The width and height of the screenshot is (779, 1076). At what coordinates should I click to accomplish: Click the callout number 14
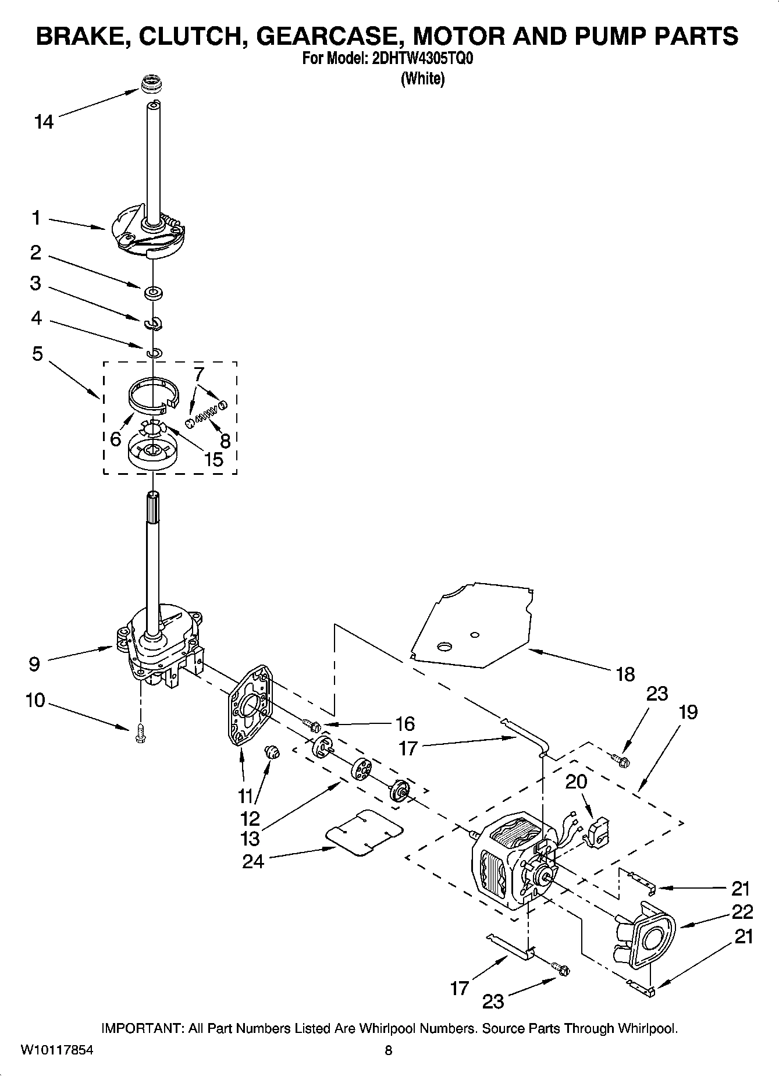click(x=44, y=122)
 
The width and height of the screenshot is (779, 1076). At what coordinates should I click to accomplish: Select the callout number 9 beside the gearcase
click(x=34, y=663)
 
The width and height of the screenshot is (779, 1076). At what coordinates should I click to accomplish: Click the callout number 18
click(x=625, y=674)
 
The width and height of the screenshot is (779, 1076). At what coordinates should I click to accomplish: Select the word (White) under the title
click(x=422, y=79)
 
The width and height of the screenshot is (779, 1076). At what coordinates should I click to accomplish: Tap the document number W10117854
click(x=56, y=1050)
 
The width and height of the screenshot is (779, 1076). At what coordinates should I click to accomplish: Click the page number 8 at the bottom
click(x=389, y=1050)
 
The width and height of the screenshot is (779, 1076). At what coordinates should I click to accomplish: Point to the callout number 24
click(x=253, y=861)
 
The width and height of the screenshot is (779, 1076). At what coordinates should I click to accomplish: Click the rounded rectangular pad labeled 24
click(x=364, y=832)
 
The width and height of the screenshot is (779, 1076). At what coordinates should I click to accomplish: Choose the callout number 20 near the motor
click(x=576, y=782)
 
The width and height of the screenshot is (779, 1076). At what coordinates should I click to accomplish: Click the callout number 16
click(x=405, y=723)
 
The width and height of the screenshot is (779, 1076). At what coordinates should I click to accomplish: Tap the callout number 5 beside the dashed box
click(x=37, y=353)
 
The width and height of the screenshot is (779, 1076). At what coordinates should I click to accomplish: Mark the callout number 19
click(x=688, y=712)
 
